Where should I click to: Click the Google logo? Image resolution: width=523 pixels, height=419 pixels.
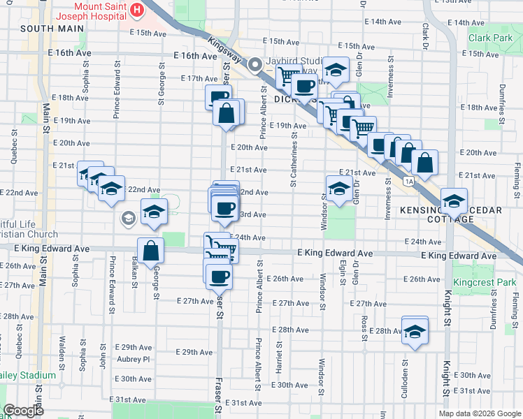pos(23,411)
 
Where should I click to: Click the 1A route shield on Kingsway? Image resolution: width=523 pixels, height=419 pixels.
pos(408,182)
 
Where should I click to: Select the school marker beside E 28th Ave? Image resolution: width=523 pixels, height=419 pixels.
pos(415,330)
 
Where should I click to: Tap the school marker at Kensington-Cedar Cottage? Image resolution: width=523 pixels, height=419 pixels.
pos(454,202)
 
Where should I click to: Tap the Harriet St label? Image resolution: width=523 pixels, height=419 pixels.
pos(279,357)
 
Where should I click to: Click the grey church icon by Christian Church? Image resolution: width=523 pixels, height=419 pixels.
pos(128,219)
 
